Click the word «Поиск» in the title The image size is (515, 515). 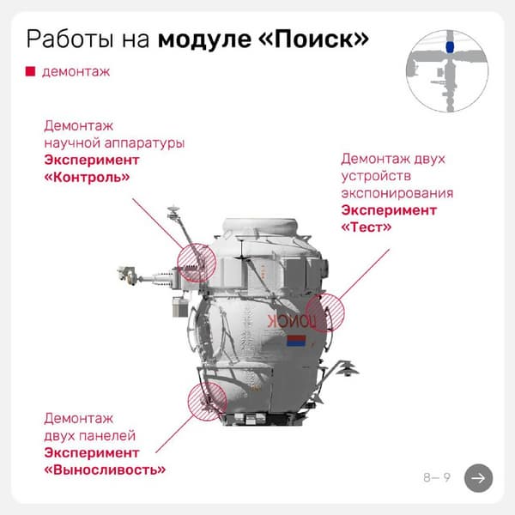pyautogui.click(x=313, y=39)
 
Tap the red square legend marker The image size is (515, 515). pyautogui.click(x=30, y=71)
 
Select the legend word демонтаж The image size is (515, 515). pyautogui.click(x=76, y=72)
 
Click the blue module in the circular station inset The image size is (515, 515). pyautogui.click(x=450, y=47)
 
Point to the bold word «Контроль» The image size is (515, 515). pyautogui.click(x=87, y=178)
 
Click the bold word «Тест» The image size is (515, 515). pyautogui.click(x=367, y=227)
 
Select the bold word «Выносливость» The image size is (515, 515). pyautogui.click(x=105, y=470)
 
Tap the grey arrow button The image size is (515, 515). pyautogui.click(x=478, y=478)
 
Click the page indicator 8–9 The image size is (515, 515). pyautogui.click(x=437, y=477)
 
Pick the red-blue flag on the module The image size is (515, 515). pyautogui.click(x=296, y=341)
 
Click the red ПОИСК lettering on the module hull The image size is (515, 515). pyautogui.click(x=292, y=321)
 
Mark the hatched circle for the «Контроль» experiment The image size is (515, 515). pyautogui.click(x=197, y=263)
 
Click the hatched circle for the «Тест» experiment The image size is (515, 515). pyautogui.click(x=324, y=313)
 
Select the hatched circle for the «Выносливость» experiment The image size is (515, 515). pyautogui.click(x=207, y=401)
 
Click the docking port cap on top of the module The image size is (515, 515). pyautogui.click(x=260, y=226)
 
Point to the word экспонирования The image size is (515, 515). pyautogui.click(x=397, y=193)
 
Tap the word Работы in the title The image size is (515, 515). pyautogui.click(x=70, y=39)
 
